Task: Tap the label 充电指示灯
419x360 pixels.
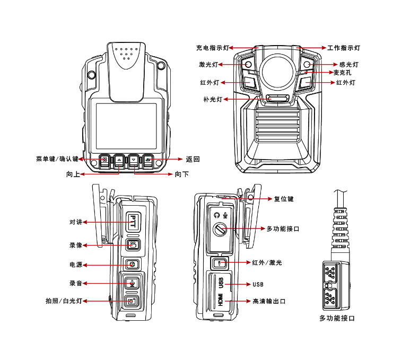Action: tap(213, 48)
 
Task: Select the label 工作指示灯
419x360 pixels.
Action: tap(344, 48)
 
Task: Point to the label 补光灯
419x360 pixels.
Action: tap(213, 99)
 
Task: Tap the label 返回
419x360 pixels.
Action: tap(193, 159)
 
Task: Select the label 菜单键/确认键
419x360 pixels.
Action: tap(57, 159)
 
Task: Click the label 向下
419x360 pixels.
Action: tap(182, 174)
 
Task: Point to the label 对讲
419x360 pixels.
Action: tap(76, 222)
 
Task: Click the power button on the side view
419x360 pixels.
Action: tap(133, 264)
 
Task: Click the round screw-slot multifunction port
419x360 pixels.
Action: tap(220, 229)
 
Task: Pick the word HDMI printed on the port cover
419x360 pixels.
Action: tap(220, 300)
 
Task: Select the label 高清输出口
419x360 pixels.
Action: tap(270, 301)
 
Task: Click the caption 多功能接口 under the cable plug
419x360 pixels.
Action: tap(337, 318)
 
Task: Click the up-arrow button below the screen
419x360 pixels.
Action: tap(119, 159)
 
